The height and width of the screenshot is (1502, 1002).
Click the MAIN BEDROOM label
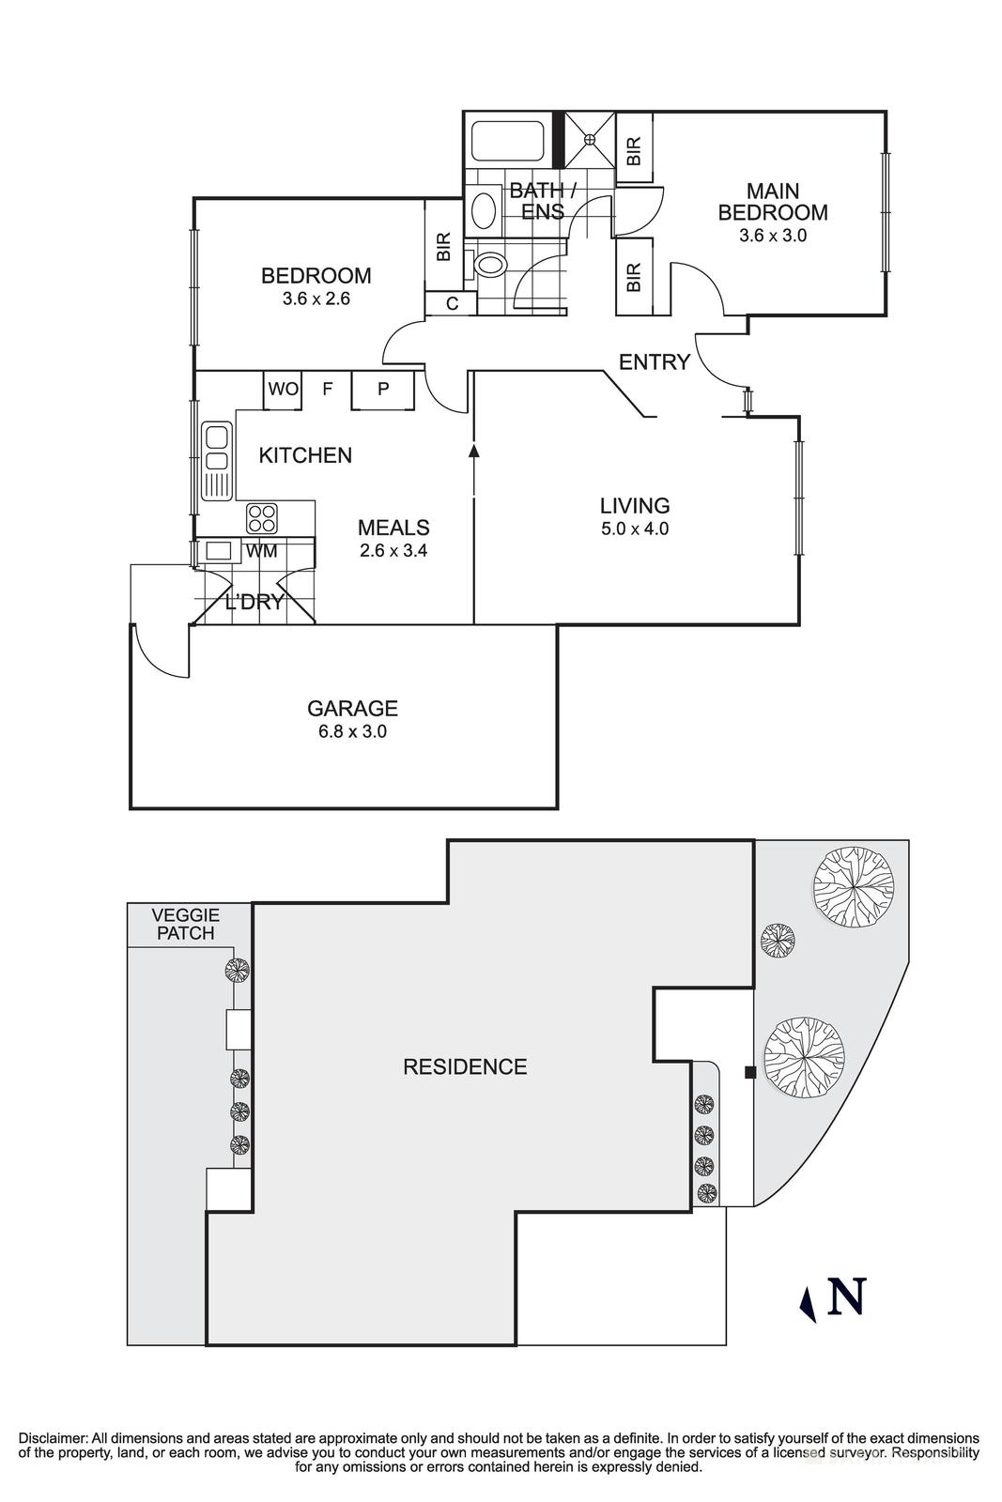point(772,200)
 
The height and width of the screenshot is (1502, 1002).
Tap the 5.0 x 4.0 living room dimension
point(635,529)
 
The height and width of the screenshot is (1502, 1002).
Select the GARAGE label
point(352,709)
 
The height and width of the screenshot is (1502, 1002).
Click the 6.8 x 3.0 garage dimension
point(352,731)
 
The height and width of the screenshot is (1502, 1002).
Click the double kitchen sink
point(217,450)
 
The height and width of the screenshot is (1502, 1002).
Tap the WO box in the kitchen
point(282,389)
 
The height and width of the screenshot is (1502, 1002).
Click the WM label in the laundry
point(262,551)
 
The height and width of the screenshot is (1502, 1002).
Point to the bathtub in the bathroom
point(507,140)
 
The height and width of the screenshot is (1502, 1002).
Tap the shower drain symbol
point(590,139)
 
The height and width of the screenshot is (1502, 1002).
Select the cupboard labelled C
point(451,304)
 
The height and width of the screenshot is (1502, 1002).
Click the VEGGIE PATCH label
point(187,924)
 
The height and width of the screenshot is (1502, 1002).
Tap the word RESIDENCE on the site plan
point(465,1066)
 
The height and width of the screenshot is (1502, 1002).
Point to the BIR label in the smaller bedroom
point(444,247)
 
